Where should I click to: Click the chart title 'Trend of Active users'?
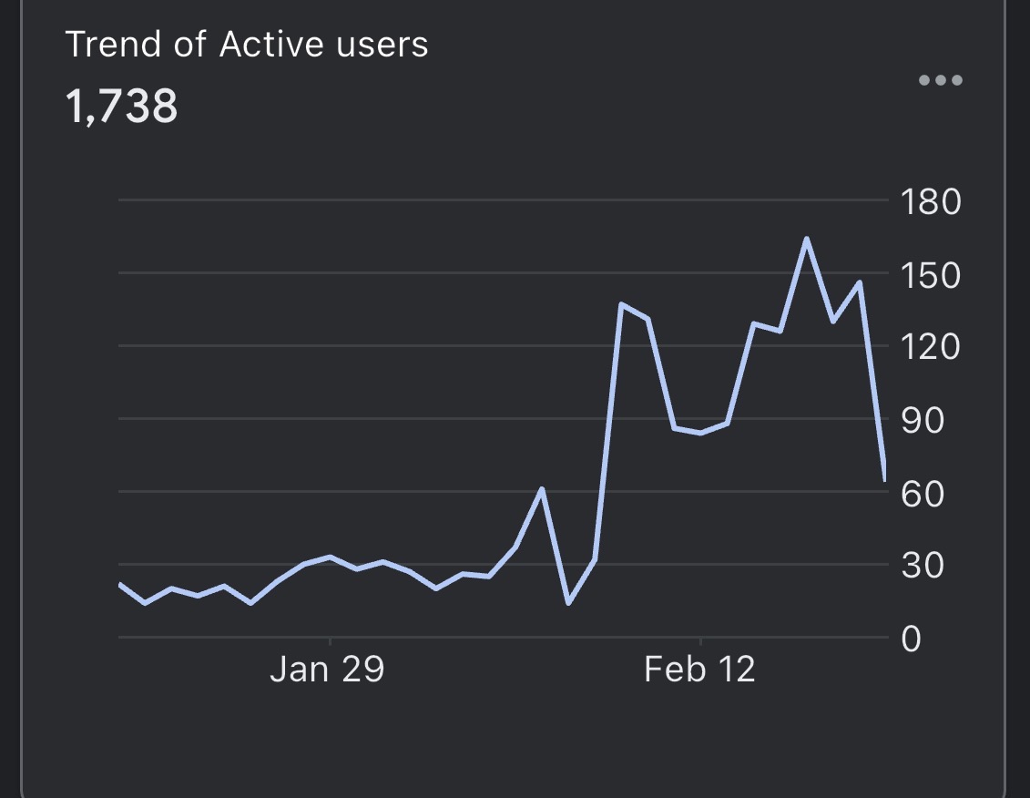coord(247,45)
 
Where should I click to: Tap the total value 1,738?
coord(122,107)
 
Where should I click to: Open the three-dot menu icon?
coord(940,80)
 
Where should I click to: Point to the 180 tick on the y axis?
coord(929,201)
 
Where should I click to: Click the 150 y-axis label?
coord(929,274)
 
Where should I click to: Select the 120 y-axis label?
coord(929,347)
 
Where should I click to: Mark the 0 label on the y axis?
coord(912,639)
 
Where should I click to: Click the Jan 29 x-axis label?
coord(327,670)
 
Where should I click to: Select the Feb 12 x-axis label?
coord(699,670)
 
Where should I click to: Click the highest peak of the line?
coord(806,239)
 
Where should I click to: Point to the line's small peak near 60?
coord(542,489)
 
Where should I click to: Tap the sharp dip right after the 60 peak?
coord(568,602)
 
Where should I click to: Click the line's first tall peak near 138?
coord(621,304)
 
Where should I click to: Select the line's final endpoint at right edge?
coord(884,478)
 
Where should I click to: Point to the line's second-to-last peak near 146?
coord(859,282)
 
